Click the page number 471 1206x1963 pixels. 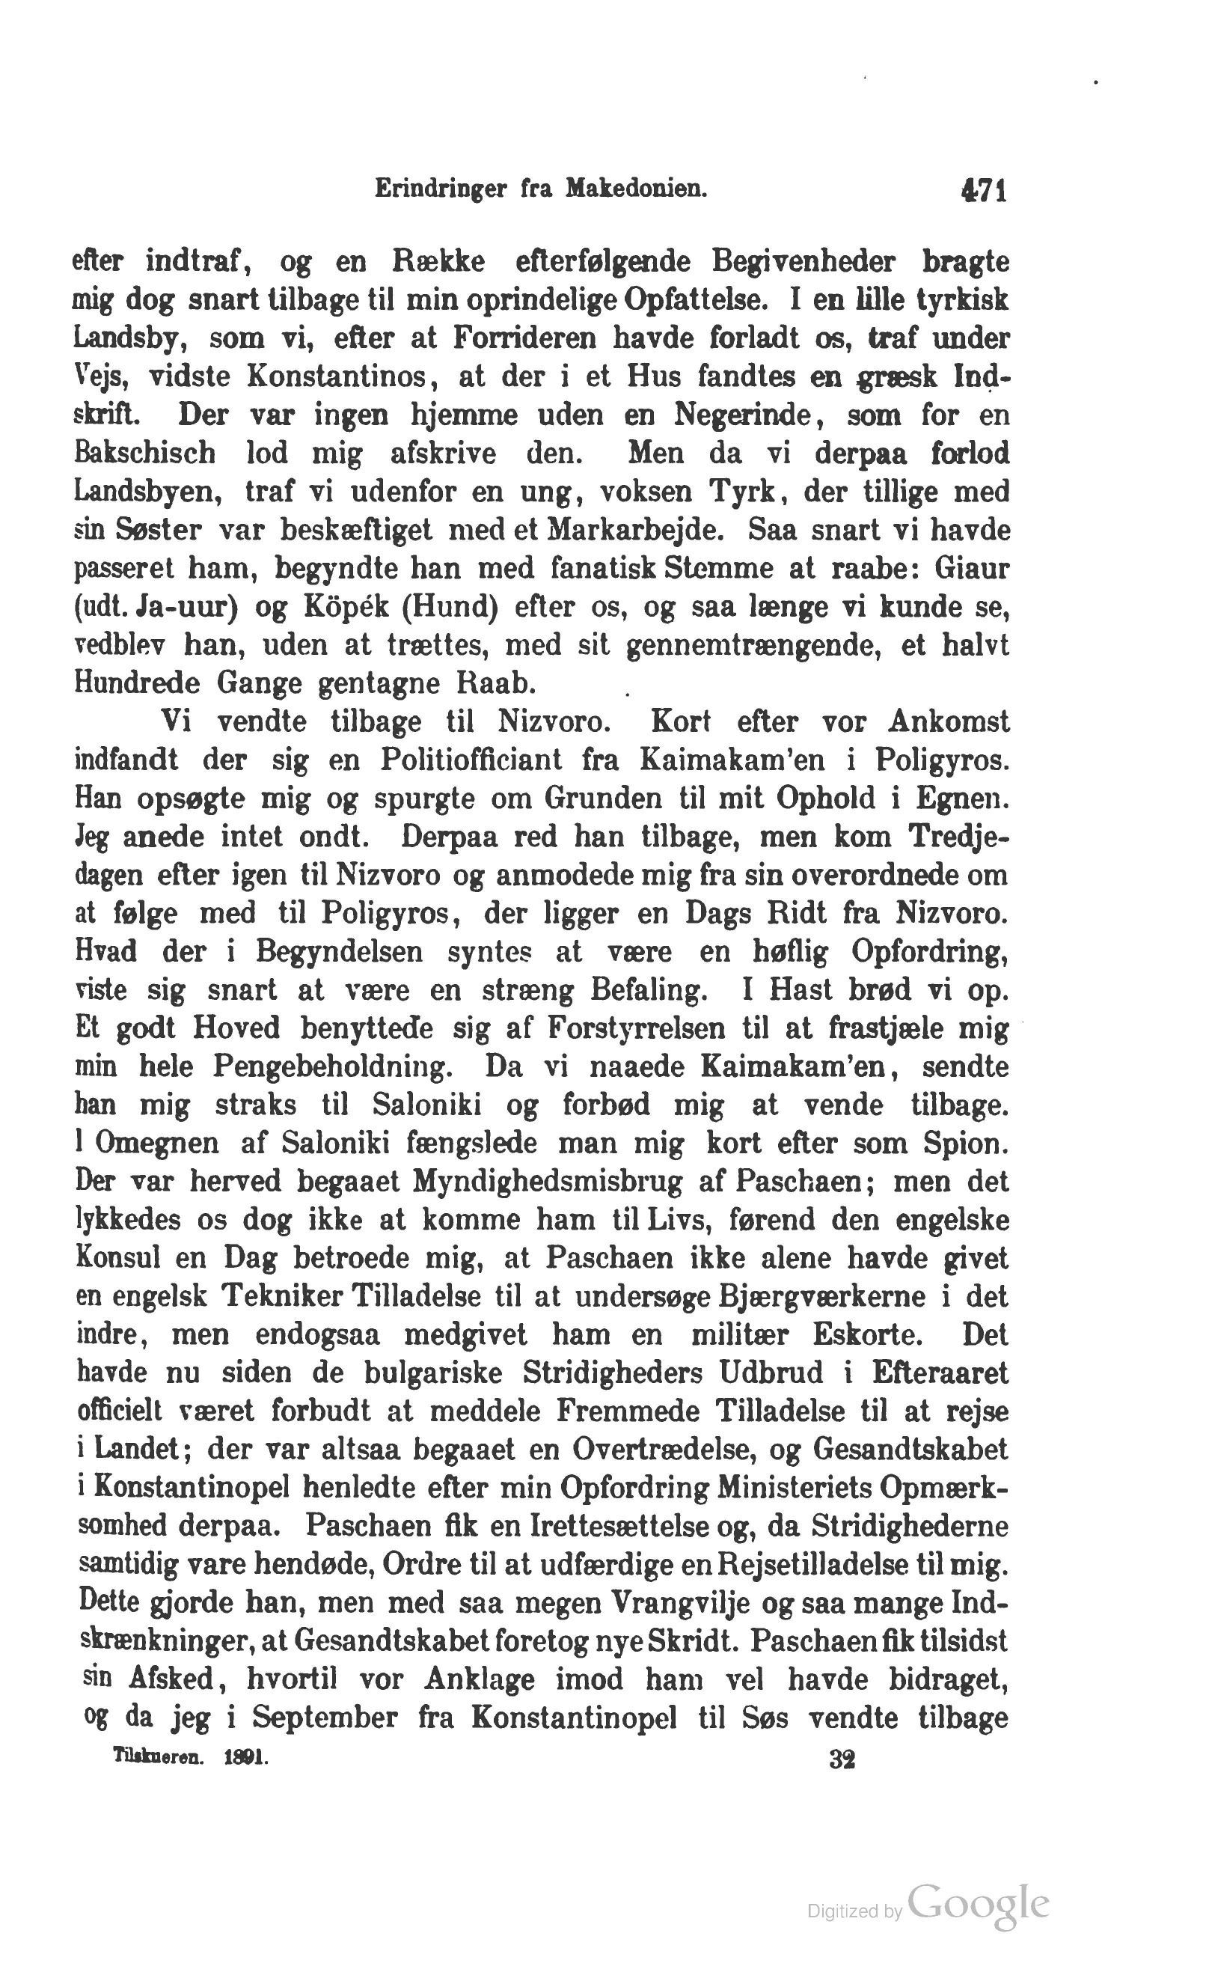pyautogui.click(x=985, y=192)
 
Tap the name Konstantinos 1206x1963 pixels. pyautogui.click(x=347, y=376)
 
